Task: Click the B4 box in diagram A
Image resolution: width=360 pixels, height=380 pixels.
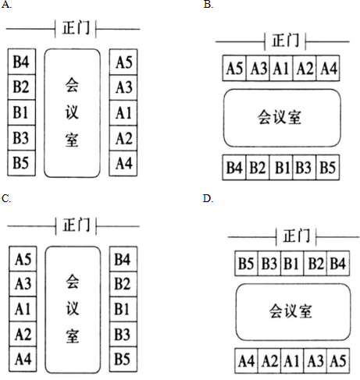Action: pyautogui.click(x=21, y=62)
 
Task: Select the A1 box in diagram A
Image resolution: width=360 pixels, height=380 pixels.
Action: pyautogui.click(x=123, y=113)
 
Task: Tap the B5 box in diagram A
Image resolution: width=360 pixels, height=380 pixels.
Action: pyautogui.click(x=21, y=163)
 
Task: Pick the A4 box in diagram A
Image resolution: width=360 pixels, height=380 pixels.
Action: pyautogui.click(x=123, y=163)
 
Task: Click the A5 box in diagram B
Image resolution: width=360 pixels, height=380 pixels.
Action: pyautogui.click(x=234, y=68)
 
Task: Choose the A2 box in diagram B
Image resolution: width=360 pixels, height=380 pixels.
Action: pyautogui.click(x=305, y=68)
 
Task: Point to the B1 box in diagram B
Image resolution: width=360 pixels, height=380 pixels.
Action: pyautogui.click(x=281, y=167)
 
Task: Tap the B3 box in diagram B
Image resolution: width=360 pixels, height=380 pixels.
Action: pyautogui.click(x=304, y=167)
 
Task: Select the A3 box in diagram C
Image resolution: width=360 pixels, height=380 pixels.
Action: pyautogui.click(x=23, y=283)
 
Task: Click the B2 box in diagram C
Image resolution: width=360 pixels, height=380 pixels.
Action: pyautogui.click(x=123, y=283)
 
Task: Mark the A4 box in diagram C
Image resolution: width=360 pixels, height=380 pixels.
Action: pyautogui.click(x=23, y=359)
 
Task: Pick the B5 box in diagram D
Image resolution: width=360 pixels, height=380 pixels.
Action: pyautogui.click(x=246, y=263)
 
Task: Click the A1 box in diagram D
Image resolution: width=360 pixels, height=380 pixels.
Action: pyautogui.click(x=292, y=361)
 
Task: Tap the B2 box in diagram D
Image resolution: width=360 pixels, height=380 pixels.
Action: pyautogui.click(x=315, y=263)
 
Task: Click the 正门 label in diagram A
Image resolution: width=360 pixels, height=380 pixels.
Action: pyautogui.click(x=76, y=27)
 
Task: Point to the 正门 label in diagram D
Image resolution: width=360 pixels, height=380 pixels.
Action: pyautogui.click(x=296, y=236)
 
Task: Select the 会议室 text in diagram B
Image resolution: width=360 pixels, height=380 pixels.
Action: pyautogui.click(x=280, y=118)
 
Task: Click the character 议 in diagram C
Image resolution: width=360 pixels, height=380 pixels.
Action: pyautogui.click(x=72, y=308)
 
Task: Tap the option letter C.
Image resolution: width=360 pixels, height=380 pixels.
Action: pyautogui.click(x=6, y=199)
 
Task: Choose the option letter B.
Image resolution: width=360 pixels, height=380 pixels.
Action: pyautogui.click(x=209, y=5)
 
